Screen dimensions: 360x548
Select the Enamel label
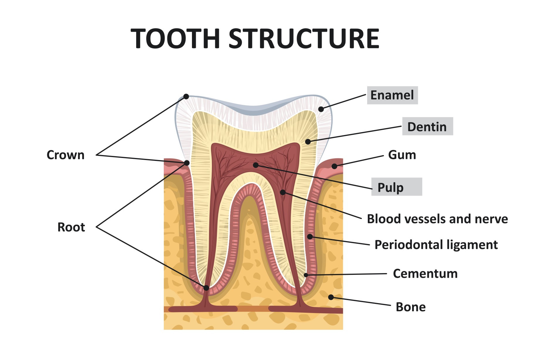pyautogui.click(x=392, y=95)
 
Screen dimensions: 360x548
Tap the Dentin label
pyautogui.click(x=427, y=127)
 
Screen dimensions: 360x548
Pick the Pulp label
pyautogui.click(x=391, y=187)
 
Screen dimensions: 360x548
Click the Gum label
pyautogui.click(x=402, y=155)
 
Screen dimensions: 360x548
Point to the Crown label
pyautogui.click(x=65, y=155)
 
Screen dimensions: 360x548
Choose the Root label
pyautogui.click(x=71, y=227)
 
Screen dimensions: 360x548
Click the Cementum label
pyautogui.click(x=425, y=274)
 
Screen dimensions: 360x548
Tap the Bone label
pyautogui.click(x=411, y=307)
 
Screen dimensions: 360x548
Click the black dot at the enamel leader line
pyautogui.click(x=321, y=109)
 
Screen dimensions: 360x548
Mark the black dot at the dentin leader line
pyautogui.click(x=308, y=142)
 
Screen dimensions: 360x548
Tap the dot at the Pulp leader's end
pyautogui.click(x=256, y=165)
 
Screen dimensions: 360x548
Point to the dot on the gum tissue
pyautogui.click(x=334, y=166)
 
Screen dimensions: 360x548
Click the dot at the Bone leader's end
pyautogui.click(x=331, y=297)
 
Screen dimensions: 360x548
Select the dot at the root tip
pyautogui.click(x=206, y=288)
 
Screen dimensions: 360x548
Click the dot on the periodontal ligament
pyautogui.click(x=310, y=236)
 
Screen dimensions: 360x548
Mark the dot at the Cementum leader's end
pyautogui.click(x=306, y=275)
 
